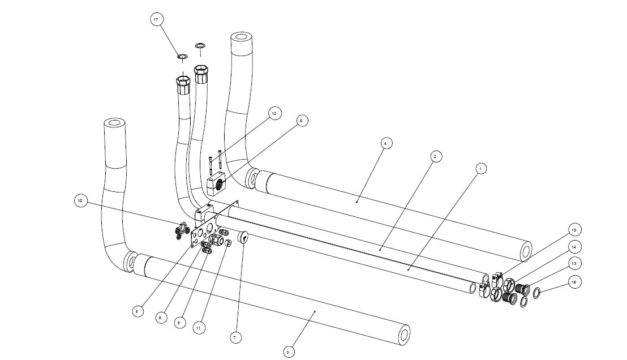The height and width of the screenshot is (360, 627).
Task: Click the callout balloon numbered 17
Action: [x=156, y=19]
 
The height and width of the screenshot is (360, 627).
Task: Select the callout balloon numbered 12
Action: [x=274, y=114]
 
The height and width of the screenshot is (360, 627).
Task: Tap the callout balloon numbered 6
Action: [x=300, y=121]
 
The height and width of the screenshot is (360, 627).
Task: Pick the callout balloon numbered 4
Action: [x=384, y=144]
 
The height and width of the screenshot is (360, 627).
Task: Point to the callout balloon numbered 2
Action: [x=433, y=155]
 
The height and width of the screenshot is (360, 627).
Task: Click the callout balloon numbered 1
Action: [x=480, y=168]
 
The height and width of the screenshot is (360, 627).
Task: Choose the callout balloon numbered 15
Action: [x=574, y=230]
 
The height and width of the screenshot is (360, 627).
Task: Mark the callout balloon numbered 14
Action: [x=574, y=247]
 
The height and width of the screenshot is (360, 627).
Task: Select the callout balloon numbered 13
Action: [x=574, y=264]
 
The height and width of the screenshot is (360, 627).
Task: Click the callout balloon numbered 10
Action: [x=80, y=200]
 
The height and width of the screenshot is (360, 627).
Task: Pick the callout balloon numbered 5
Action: [x=136, y=311]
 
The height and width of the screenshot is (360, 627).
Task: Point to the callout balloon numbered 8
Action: [x=160, y=318]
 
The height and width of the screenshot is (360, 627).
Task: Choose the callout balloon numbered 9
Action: [x=179, y=323]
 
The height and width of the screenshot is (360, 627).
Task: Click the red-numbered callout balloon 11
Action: [x=198, y=327]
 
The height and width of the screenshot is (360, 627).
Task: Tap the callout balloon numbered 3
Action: [x=287, y=352]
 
